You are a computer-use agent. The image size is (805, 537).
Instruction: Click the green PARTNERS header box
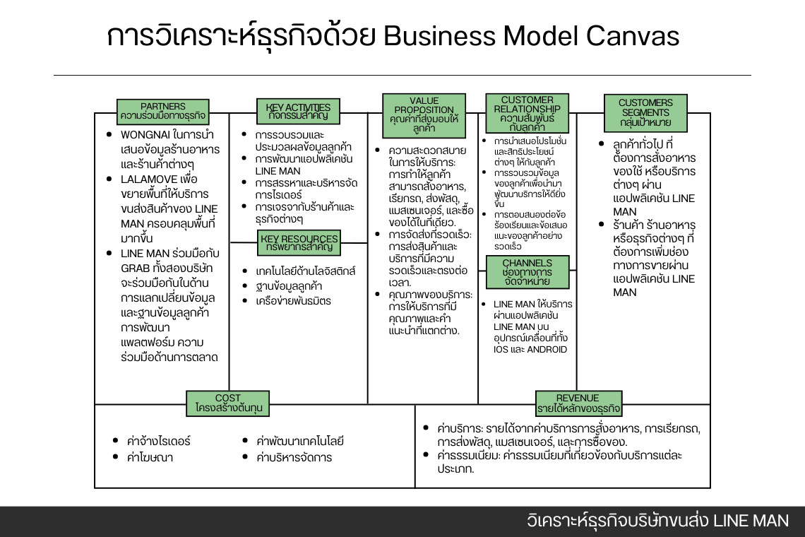coord(163,112)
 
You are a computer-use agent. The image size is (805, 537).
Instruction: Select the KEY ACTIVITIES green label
coord(293,112)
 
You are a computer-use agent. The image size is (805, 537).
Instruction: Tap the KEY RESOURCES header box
coord(299,242)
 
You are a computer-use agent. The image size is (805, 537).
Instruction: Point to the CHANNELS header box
coord(527,272)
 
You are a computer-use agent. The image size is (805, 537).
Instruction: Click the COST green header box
coord(228,403)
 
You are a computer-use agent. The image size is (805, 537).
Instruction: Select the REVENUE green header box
coord(578,403)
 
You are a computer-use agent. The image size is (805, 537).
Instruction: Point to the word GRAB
coord(138,268)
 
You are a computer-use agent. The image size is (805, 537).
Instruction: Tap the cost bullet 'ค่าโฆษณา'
coord(150,457)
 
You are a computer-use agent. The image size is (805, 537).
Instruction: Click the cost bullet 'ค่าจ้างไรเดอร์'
coord(159,441)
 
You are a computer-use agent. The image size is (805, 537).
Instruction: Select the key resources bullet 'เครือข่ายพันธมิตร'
coord(293,301)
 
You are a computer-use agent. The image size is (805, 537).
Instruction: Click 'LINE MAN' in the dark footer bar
coord(751,521)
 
